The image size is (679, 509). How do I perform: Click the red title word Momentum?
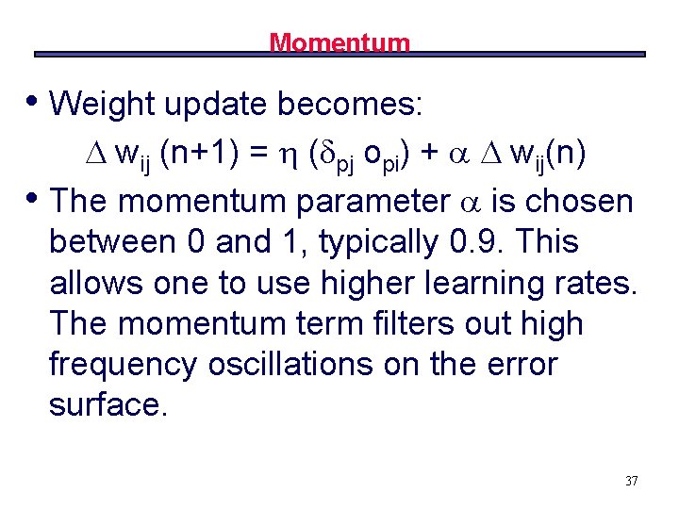[339, 42]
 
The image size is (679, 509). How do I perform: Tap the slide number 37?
[631, 482]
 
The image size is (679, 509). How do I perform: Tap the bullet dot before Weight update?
[34, 99]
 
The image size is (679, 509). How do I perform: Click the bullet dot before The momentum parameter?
[34, 196]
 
